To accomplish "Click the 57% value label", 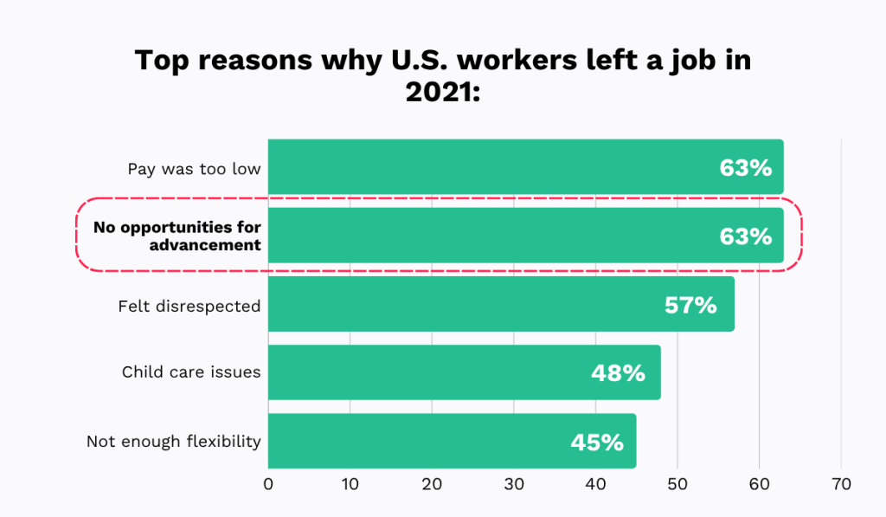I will (x=690, y=305).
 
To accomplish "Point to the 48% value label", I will (x=618, y=373).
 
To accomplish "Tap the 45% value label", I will (x=597, y=442).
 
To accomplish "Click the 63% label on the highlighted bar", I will (x=745, y=236).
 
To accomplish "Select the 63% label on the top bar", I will (x=745, y=167).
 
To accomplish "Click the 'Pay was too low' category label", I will (x=194, y=168).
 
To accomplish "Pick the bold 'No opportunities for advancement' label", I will (x=177, y=236).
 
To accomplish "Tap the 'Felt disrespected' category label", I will (x=189, y=306).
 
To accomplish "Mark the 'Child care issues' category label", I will (x=191, y=372).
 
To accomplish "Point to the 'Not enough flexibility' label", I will (x=174, y=442).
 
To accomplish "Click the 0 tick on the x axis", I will (x=268, y=484).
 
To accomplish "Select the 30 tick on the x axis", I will (x=514, y=484).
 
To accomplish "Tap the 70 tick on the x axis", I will (x=840, y=484).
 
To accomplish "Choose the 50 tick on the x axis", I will (x=677, y=484).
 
